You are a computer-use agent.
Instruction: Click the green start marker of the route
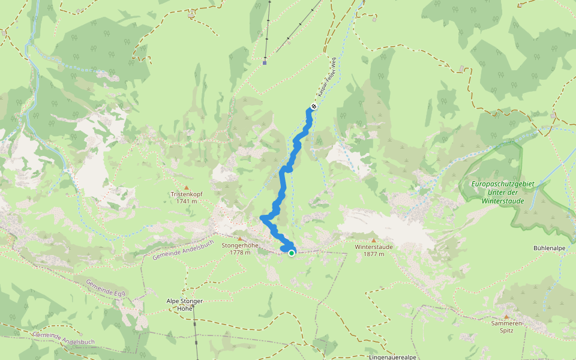coord(292,253)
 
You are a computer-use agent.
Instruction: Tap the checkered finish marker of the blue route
coord(313,107)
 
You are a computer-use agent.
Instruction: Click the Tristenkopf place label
coord(187,194)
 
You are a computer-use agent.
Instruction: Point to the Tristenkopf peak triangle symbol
coord(186,187)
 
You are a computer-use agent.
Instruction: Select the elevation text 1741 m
coord(187,202)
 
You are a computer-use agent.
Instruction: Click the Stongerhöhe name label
coord(240,245)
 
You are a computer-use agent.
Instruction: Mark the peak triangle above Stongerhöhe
coord(240,238)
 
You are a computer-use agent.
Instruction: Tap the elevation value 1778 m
coord(239,253)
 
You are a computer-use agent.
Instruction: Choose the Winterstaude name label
coord(373,247)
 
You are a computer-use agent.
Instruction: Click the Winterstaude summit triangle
coord(373,240)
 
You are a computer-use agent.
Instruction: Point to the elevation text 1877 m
coord(373,254)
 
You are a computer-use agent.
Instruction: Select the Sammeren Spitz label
coord(506,323)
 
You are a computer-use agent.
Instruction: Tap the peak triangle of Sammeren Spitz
coord(506,317)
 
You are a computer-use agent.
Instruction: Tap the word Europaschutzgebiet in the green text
coord(503,183)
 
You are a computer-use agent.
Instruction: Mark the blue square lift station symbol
coord(265,62)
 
